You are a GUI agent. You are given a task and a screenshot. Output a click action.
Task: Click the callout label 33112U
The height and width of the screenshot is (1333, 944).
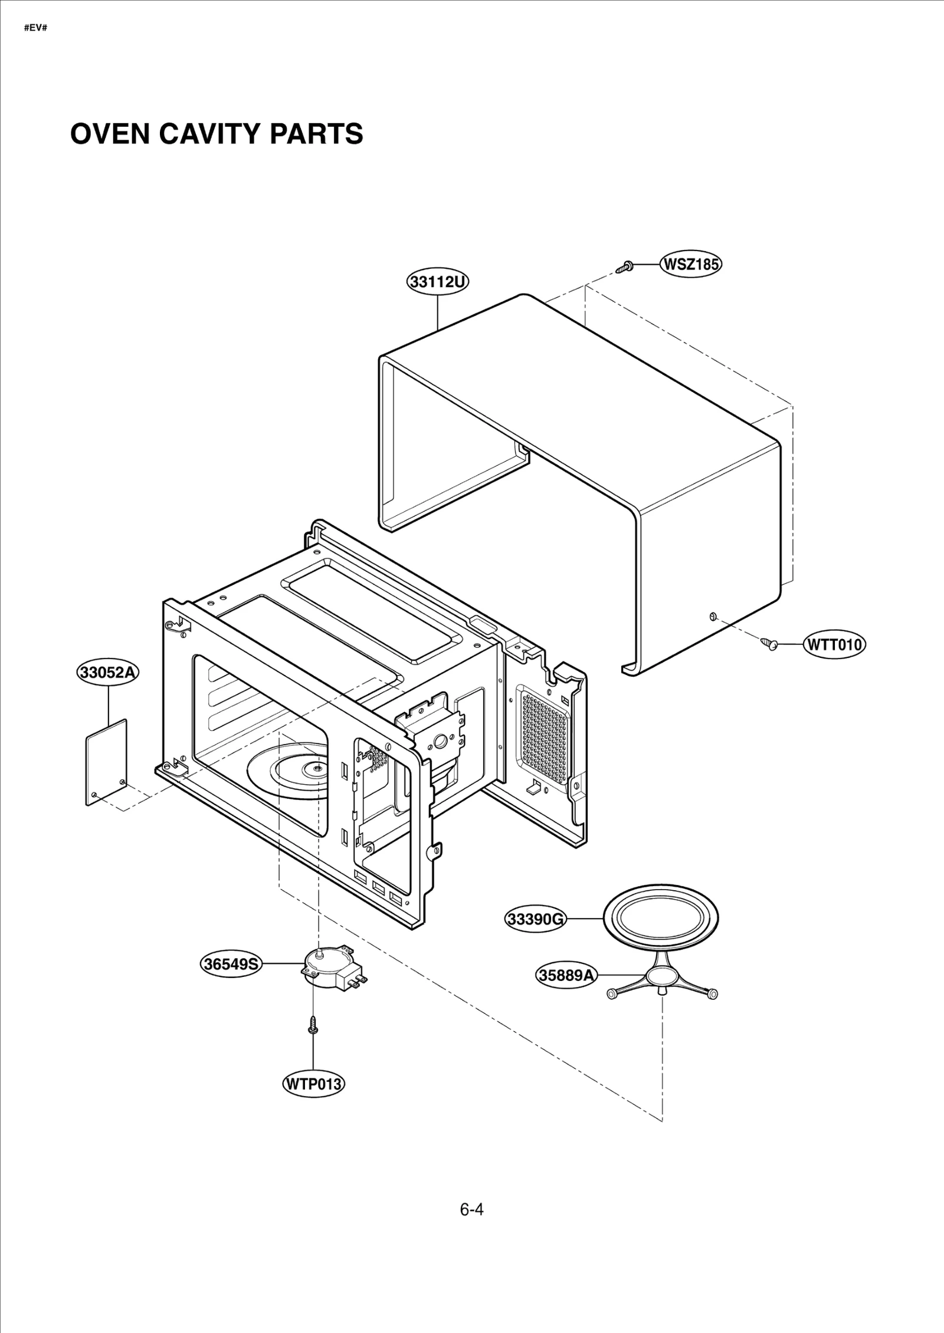[x=438, y=282]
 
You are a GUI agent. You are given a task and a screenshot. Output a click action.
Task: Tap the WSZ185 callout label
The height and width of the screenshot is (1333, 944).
[x=691, y=264]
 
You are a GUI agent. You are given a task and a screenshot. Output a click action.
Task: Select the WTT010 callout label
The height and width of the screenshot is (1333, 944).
[x=834, y=644]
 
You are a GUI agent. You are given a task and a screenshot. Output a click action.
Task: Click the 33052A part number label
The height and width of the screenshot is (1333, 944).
[x=108, y=672]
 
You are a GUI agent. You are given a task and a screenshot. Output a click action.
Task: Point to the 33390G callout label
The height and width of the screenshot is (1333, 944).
[x=536, y=919]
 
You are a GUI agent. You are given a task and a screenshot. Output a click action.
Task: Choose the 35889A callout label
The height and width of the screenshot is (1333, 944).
[x=566, y=976]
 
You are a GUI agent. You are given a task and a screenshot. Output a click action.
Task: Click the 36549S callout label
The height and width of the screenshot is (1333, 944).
[x=231, y=965]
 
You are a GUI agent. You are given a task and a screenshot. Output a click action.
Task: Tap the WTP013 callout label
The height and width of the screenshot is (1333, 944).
[x=313, y=1084]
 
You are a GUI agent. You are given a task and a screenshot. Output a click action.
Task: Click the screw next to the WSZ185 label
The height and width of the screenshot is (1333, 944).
[x=624, y=268]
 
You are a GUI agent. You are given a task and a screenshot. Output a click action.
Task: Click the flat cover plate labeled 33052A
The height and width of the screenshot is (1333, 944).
[x=106, y=762]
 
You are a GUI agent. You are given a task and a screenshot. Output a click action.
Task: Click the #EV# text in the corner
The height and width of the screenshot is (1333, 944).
[x=35, y=28]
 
